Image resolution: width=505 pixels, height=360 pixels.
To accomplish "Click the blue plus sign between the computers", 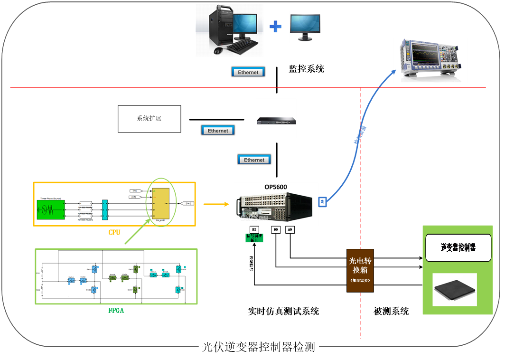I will pos(275,26).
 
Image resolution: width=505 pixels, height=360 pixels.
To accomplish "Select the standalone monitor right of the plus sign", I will pos(305,27).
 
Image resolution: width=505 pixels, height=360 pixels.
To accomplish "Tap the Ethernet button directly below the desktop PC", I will pos(248,72).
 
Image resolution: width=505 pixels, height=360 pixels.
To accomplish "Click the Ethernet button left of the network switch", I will pos(218,131).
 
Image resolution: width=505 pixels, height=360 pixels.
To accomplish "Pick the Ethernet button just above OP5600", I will pos(254,160).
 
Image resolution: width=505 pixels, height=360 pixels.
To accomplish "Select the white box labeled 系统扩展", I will pos(149,118).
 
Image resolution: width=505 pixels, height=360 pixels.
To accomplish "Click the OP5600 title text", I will pos(276,187).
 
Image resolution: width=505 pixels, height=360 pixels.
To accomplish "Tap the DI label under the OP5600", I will pos(254,229).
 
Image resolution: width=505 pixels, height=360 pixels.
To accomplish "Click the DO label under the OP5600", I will pos(276,229).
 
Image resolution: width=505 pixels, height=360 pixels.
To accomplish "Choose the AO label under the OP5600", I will pos(290,229).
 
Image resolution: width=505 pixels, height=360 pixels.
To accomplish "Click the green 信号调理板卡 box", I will pos(254,237).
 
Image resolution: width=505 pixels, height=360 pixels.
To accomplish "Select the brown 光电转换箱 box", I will pos(360,270).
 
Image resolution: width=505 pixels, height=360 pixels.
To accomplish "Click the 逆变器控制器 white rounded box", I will pos(458,247).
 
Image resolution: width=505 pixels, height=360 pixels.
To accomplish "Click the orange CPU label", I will pos(114,232).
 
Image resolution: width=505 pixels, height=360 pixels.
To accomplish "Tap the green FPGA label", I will pos(116,311).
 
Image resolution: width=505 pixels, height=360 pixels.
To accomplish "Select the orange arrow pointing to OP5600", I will pos(216,204).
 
